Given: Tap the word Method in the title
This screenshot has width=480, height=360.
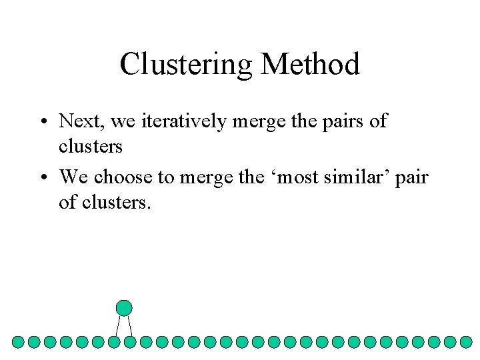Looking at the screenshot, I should pyautogui.click(x=311, y=65).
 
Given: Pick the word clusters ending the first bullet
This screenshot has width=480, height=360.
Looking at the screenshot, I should pyautogui.click(x=91, y=145).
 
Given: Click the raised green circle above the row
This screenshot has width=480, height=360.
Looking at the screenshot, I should pyautogui.click(x=124, y=307).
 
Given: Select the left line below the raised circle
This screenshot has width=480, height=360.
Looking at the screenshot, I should pyautogui.click(x=117, y=325).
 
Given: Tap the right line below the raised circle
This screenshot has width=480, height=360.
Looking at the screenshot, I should pyautogui.click(x=130, y=325).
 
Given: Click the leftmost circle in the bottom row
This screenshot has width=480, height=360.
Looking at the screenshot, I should pyautogui.click(x=18, y=342).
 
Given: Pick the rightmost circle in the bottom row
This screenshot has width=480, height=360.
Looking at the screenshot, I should pyautogui.click(x=467, y=342).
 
